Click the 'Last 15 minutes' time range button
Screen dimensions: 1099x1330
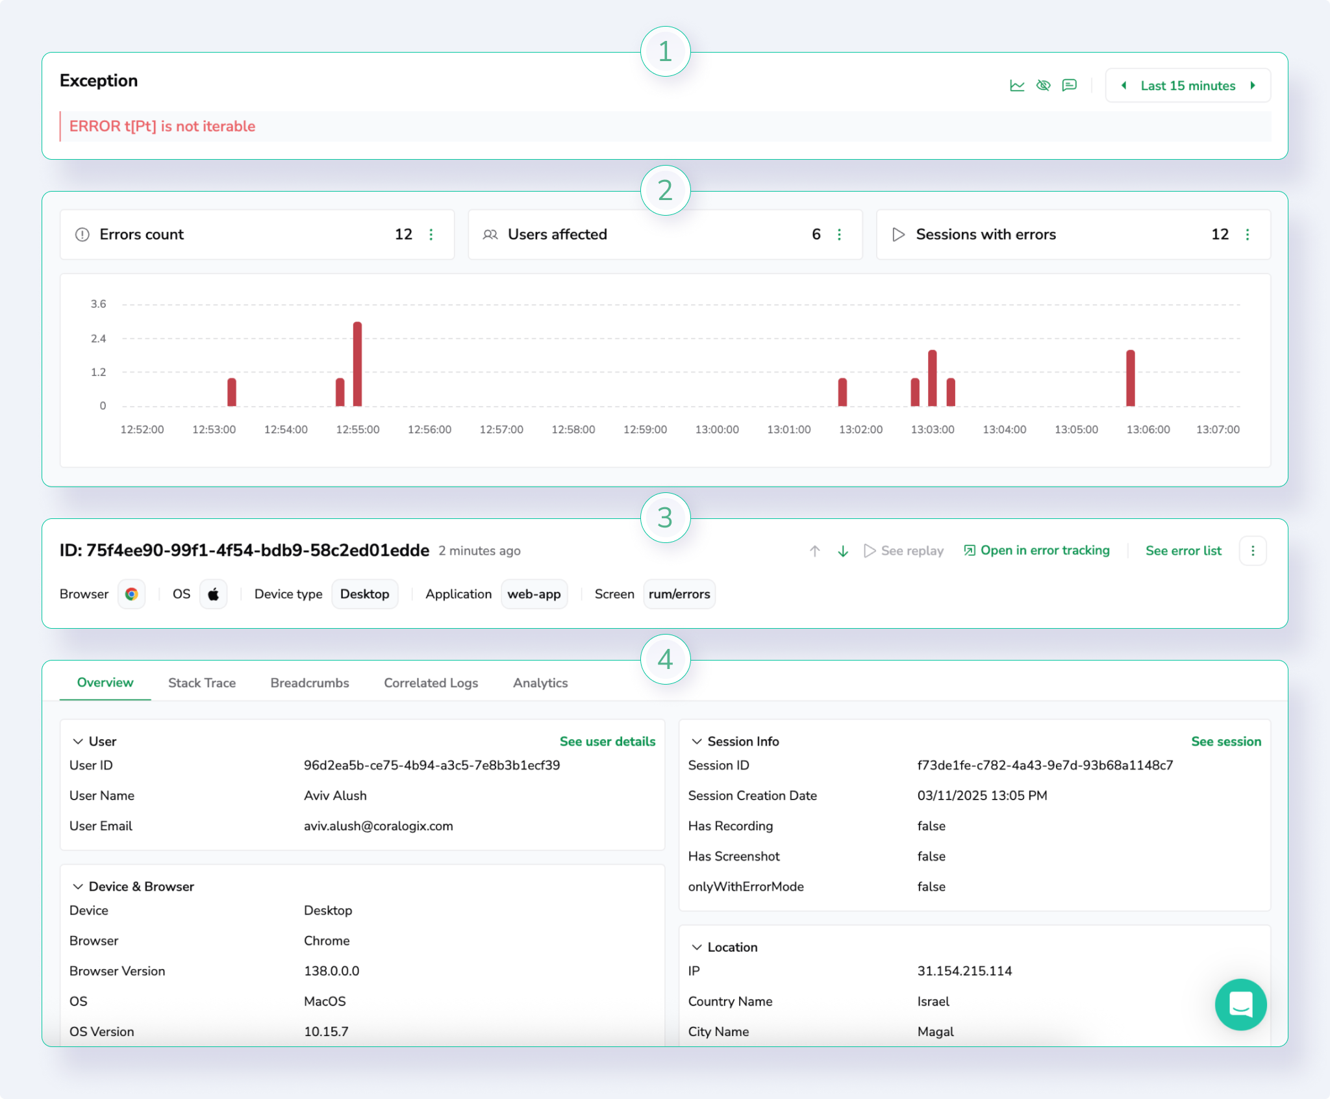[1187, 86]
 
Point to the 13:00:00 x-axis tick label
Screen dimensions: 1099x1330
[716, 429]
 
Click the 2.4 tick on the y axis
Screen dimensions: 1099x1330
[99, 338]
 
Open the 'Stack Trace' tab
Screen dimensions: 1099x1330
[201, 683]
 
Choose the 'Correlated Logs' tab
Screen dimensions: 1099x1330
[431, 683]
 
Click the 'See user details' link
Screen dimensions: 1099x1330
[607, 741]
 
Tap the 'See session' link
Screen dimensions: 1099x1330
[1225, 741]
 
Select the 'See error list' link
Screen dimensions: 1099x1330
[1183, 551]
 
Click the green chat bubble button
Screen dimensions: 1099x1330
[1240, 1004]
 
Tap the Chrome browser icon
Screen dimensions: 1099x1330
[132, 594]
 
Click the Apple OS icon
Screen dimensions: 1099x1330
[213, 594]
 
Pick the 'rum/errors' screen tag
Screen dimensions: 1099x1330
[679, 594]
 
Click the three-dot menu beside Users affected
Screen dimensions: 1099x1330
[839, 234]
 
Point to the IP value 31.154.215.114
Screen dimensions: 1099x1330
[964, 970]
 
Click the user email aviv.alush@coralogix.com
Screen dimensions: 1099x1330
[378, 826]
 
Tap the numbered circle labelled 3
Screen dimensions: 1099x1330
[665, 518]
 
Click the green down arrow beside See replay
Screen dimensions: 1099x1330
[842, 551]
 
